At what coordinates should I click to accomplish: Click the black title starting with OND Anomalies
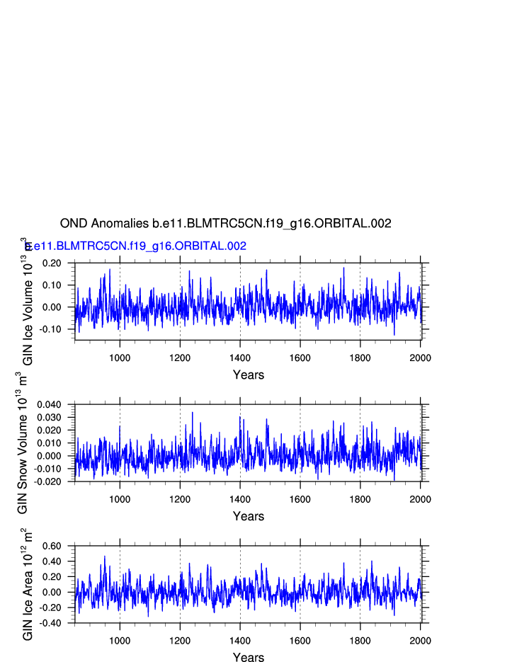point(225,224)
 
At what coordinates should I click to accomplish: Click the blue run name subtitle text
point(136,246)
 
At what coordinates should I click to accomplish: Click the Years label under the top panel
point(249,375)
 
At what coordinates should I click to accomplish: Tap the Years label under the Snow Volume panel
point(249,517)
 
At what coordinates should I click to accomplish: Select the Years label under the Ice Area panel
point(249,658)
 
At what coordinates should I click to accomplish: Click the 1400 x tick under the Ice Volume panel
point(240,358)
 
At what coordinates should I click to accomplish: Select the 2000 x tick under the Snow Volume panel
point(421,499)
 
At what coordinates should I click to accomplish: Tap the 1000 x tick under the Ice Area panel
point(120,641)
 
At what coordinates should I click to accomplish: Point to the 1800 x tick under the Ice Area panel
point(360,641)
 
